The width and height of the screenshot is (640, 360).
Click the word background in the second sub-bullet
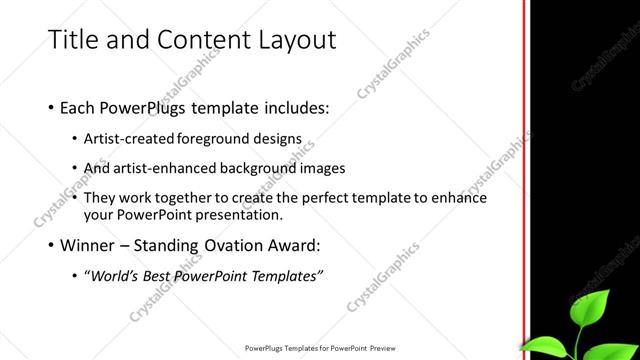[x=274, y=168]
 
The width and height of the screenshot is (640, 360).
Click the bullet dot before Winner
[x=51, y=245]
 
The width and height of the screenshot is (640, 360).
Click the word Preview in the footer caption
[x=386, y=349]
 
